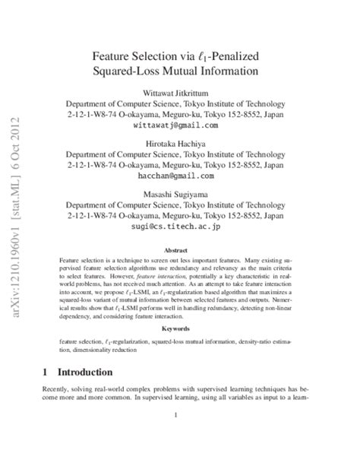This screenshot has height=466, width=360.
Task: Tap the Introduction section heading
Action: click(80, 372)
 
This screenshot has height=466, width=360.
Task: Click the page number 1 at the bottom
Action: click(175, 414)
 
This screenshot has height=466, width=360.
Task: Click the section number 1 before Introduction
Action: click(46, 372)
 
